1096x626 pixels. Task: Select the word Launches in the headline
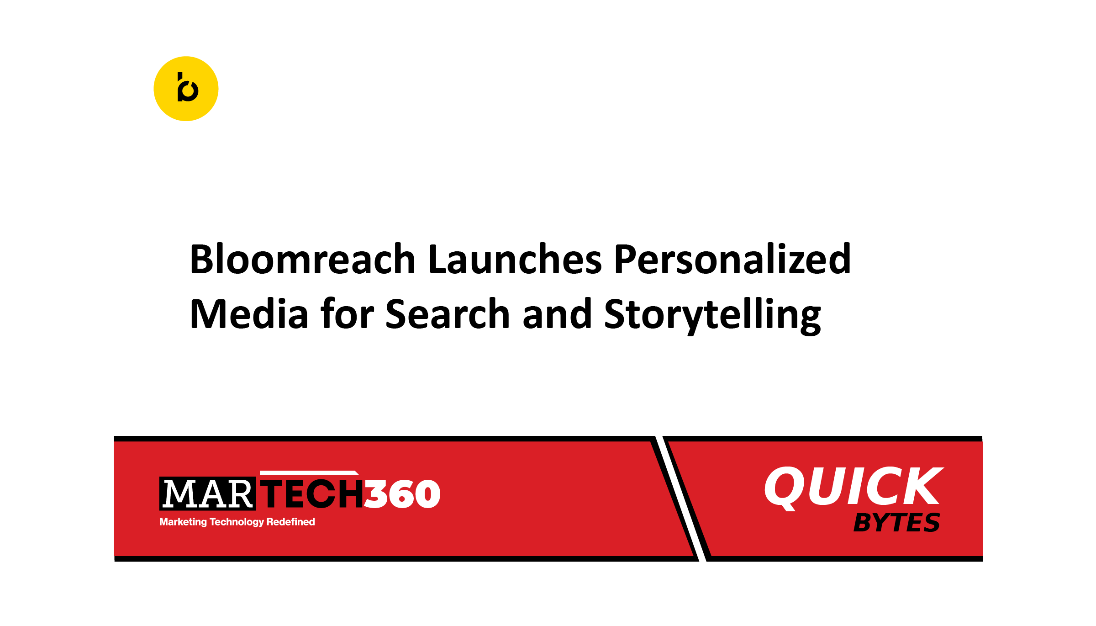tap(515, 260)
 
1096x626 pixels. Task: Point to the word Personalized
tap(732, 260)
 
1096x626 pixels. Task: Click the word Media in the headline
tap(249, 314)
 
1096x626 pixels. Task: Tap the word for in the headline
tap(347, 314)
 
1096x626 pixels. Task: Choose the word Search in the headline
tap(448, 314)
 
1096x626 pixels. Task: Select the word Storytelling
tap(712, 314)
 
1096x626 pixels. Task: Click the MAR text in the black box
tap(207, 494)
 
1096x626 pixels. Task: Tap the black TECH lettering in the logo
tap(313, 494)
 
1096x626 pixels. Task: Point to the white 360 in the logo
tap(402, 494)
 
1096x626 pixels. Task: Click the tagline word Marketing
tap(183, 522)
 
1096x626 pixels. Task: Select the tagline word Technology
tap(237, 522)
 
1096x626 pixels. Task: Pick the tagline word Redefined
tap(290, 522)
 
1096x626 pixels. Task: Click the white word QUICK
tap(853, 487)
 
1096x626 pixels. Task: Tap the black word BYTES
tap(896, 523)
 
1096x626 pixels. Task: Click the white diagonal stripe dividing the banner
tap(680, 498)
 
